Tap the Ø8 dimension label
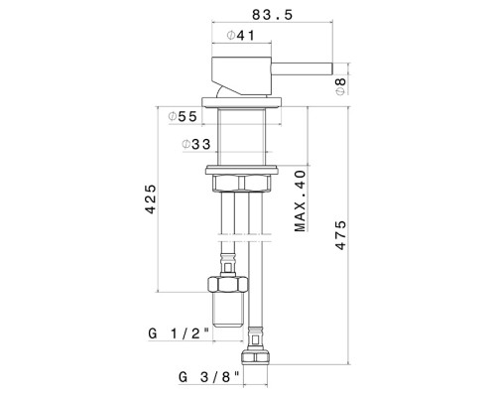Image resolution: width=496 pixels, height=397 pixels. pos(339,85)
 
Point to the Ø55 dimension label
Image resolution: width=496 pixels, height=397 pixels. pos(183,116)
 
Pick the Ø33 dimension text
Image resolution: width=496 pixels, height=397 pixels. pos(197,145)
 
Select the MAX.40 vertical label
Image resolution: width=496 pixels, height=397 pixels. pos(299,199)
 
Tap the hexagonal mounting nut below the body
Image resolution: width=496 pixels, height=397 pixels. pos(239,183)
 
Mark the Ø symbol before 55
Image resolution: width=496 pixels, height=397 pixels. pos(171,116)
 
